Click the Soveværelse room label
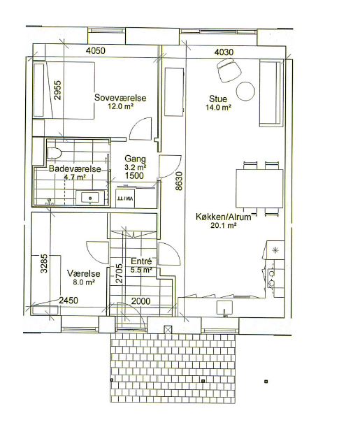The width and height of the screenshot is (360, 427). coord(120,98)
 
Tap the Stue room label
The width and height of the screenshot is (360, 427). coord(218,99)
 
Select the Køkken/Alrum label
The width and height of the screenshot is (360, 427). coord(223,217)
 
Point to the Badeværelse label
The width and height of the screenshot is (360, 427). coord(75,168)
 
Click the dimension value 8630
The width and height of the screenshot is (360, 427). coord(179,180)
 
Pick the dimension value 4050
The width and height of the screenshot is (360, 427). coord(95,50)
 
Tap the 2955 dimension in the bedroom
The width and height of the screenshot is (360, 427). coord(57,90)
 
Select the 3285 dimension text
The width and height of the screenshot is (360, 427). coord(44,263)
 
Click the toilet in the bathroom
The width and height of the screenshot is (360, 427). coord(55,153)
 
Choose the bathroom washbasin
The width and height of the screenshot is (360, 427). coord(90,198)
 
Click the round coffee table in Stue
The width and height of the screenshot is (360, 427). coord(245,92)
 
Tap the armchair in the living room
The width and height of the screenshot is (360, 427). coord(229,71)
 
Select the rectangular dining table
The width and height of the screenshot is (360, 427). coord(259,189)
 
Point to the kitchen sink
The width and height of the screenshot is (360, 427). coord(224,307)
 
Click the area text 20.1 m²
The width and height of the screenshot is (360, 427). coord(223,225)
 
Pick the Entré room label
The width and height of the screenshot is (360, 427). coord(141,261)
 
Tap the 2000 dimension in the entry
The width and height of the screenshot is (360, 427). coord(141,301)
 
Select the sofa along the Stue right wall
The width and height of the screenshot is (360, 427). coord(270,93)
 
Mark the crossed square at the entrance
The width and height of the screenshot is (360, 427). coord(168,329)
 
